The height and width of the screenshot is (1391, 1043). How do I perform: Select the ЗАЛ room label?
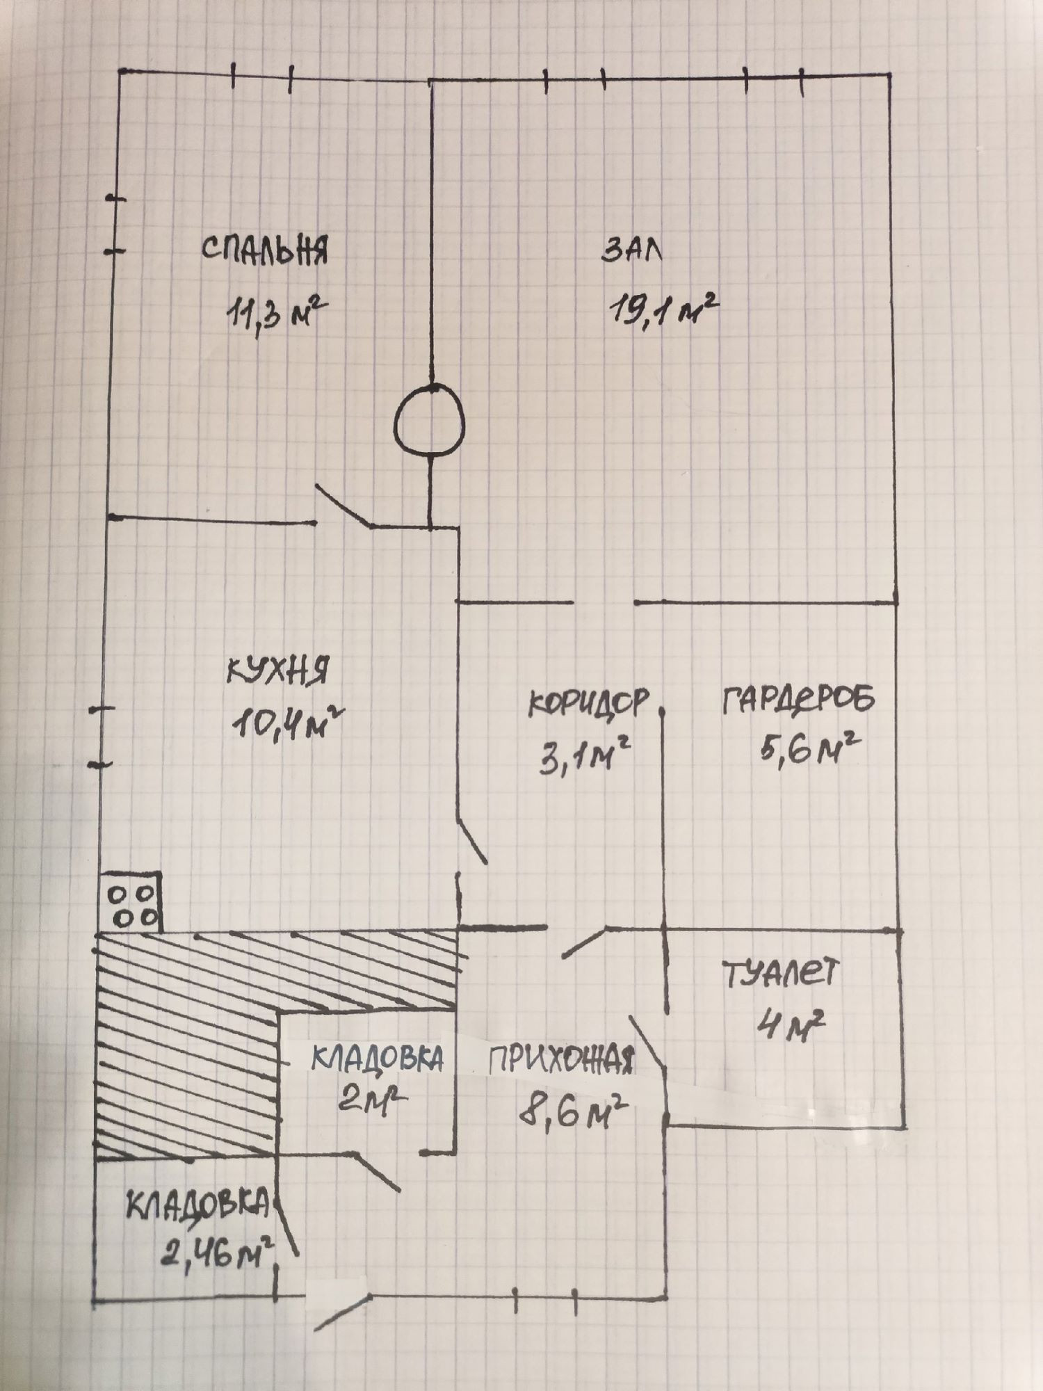pyautogui.click(x=632, y=251)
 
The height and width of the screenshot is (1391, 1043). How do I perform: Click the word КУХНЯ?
pyautogui.click(x=277, y=673)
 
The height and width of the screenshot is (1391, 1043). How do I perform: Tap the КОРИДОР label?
pyautogui.click(x=590, y=702)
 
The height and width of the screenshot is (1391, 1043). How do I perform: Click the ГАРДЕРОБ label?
pyautogui.click(x=798, y=699)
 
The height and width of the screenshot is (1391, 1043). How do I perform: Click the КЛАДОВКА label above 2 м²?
pyautogui.click(x=376, y=1058)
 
